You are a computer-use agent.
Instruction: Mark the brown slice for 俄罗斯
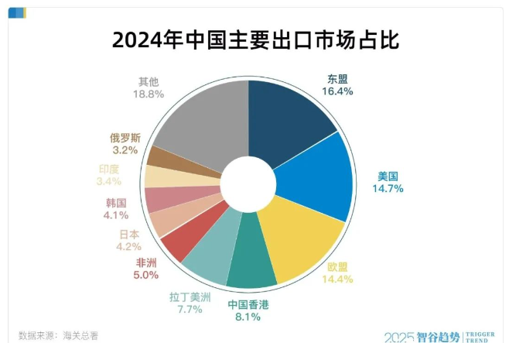click(164, 156)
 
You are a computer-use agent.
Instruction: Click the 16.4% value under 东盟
click(337, 91)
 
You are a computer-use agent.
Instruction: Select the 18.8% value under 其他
click(148, 94)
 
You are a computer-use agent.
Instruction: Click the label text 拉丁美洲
click(186, 296)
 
